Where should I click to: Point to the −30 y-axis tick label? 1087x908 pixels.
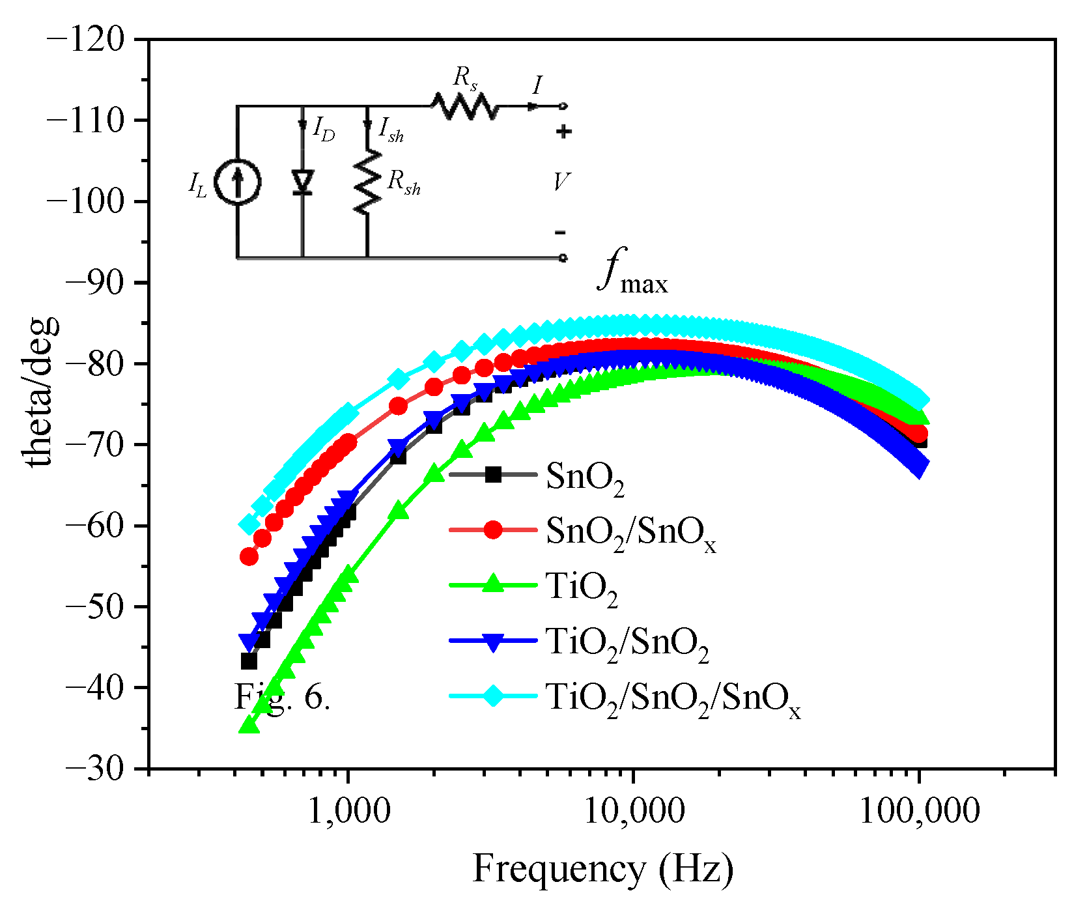click(x=94, y=769)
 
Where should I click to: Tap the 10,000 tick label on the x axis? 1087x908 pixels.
click(x=633, y=811)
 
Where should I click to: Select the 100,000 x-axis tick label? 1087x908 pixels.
click(x=919, y=811)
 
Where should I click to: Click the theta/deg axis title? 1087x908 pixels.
click(x=40, y=391)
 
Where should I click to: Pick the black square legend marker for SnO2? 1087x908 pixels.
click(x=493, y=475)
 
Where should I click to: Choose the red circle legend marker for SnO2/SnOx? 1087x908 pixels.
click(x=493, y=530)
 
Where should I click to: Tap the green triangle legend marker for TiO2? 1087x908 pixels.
click(x=493, y=584)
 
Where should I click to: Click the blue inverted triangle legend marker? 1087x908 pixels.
click(x=493, y=642)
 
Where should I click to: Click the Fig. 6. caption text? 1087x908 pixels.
click(x=282, y=698)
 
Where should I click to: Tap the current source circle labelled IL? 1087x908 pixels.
click(x=238, y=183)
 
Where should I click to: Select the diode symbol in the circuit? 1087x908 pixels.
click(x=302, y=182)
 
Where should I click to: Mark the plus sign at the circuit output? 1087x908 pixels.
click(x=563, y=132)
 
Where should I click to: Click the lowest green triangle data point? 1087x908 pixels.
click(x=249, y=725)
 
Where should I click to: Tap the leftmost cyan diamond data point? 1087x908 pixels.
click(x=249, y=524)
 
